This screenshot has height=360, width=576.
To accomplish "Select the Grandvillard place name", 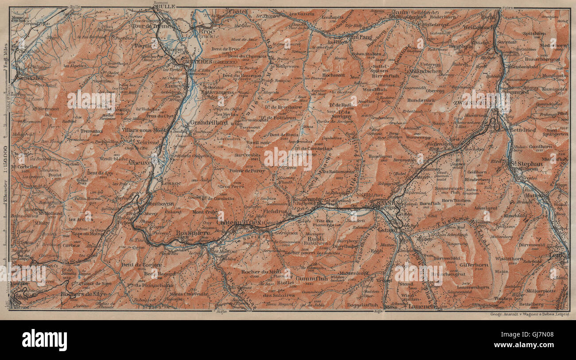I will coord(205,122).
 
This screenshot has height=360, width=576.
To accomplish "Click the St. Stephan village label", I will coord(526,163).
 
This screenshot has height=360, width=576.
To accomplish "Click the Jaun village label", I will coord(400,12).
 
